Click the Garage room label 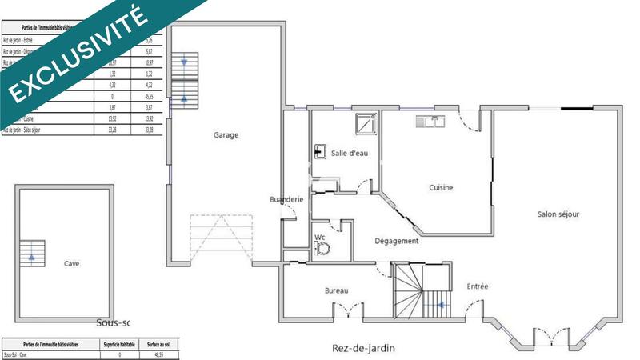click(x=226, y=135)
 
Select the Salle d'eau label click(x=349, y=153)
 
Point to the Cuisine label click(x=441, y=188)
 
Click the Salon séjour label click(x=558, y=214)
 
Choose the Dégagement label click(x=397, y=241)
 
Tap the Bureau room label click(x=337, y=290)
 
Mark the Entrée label click(x=478, y=286)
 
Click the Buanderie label click(x=286, y=199)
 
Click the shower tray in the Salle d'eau click(x=366, y=124)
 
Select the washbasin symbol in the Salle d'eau click(x=319, y=150)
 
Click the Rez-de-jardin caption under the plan click(x=364, y=349)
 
